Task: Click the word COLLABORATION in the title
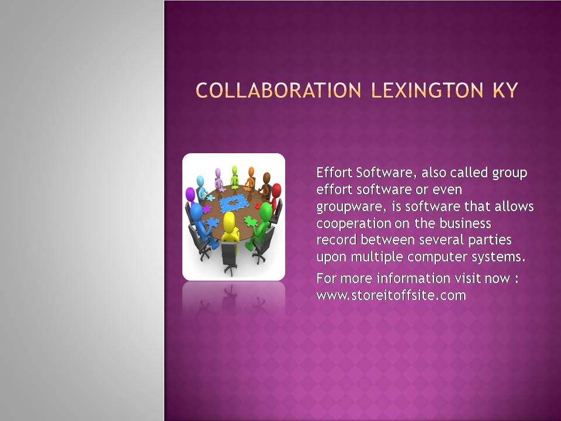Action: tap(279, 90)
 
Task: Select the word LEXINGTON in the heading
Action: tap(428, 90)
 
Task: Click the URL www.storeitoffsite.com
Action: tap(391, 295)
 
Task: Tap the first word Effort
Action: tap(334, 172)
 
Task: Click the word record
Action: tap(337, 240)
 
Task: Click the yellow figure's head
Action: tap(229, 219)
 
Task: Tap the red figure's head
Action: tap(276, 190)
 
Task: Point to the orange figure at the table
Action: tap(251, 177)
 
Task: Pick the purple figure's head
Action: tap(190, 194)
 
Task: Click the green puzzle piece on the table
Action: tap(250, 221)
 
